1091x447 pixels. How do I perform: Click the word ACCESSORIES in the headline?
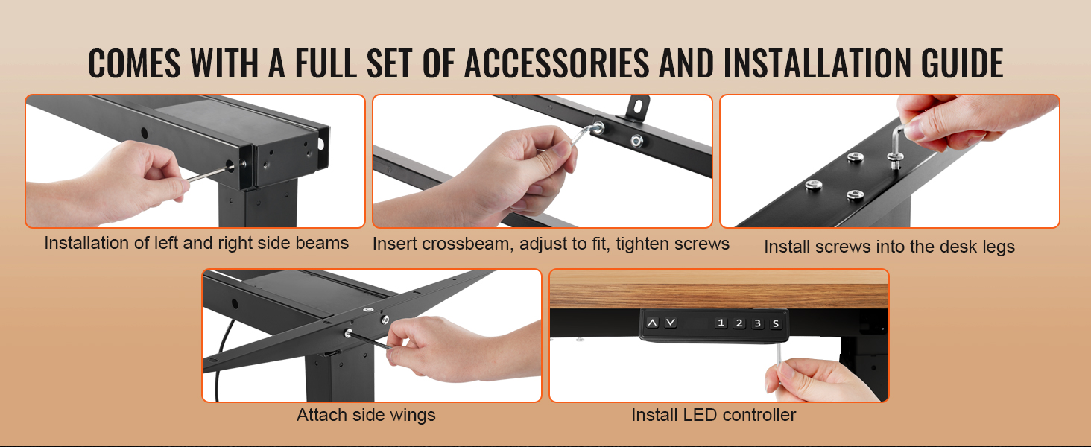pos(557,63)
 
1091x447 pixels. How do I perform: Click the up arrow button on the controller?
pos(653,323)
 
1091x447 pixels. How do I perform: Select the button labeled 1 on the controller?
pos(721,323)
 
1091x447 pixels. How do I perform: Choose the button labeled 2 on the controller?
pos(739,323)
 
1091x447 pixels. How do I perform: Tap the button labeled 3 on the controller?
pos(757,323)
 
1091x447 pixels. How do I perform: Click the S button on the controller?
pos(775,323)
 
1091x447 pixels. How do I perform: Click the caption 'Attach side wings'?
pos(366,415)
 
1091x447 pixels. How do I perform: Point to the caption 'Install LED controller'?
pos(713,415)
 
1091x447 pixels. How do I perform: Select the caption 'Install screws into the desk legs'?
pos(889,247)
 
